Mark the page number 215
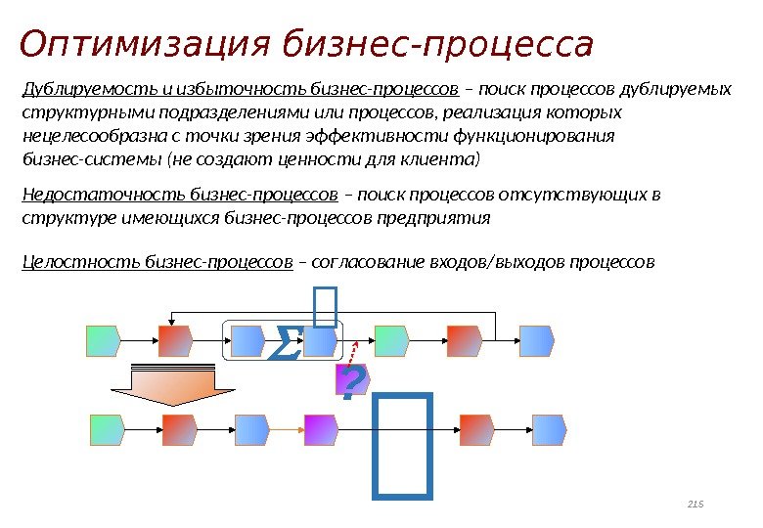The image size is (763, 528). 696,505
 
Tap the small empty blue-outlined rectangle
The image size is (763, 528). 326,304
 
